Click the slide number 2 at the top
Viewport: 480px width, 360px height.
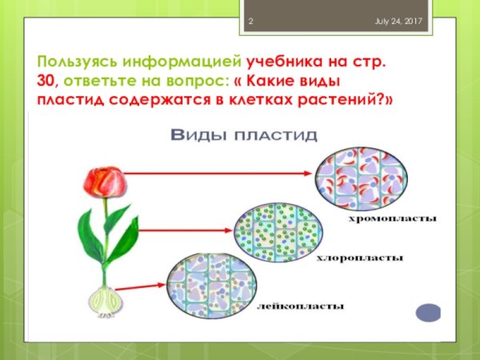250,20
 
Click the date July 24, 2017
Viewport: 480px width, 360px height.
399,20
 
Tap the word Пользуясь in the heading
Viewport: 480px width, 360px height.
78,62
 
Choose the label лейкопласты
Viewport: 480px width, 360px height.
302,306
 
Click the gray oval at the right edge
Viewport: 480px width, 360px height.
430,313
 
